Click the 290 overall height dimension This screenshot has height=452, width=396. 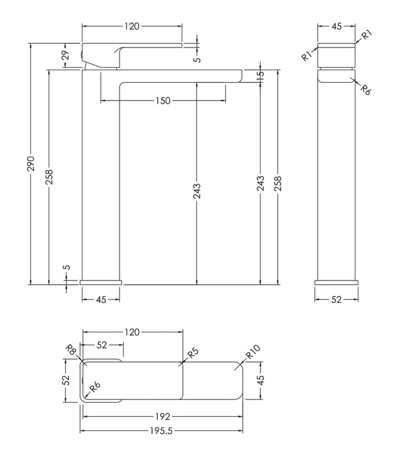31,163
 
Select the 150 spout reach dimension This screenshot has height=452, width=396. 163,101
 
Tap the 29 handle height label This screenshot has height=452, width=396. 66,55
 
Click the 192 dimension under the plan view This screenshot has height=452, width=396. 163,417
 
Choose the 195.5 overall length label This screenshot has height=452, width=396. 161,430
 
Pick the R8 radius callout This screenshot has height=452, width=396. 71,350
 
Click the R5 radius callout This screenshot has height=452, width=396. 193,353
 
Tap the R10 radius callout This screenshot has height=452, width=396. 253,351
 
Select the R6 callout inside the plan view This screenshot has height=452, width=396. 95,387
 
